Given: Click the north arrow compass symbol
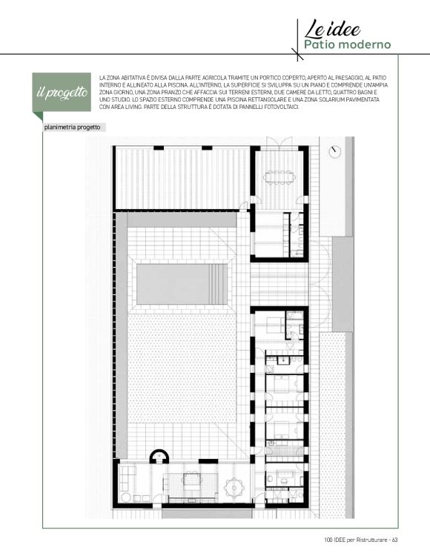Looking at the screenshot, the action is (334, 152).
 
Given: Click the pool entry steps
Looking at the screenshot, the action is (218, 284).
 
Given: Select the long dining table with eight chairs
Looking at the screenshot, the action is (279, 177).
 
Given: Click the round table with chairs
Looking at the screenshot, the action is (234, 487).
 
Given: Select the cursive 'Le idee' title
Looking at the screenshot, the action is (332, 29).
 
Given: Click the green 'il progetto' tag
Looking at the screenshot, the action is (62, 93).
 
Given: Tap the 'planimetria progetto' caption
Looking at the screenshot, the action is (72, 128).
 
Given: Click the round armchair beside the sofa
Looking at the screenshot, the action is (126, 497).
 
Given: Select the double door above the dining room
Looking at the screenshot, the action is (279, 141).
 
